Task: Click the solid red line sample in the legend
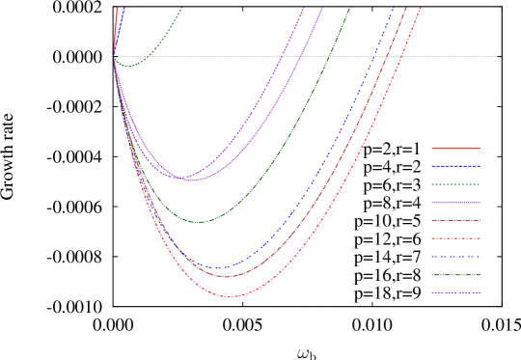coord(455,148)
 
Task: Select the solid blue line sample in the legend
coord(455,166)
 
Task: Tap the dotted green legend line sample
coord(455,183)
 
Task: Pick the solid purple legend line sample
coord(455,203)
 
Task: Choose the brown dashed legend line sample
coord(455,220)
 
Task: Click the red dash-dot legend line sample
coord(455,237)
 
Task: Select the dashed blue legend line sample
coord(455,257)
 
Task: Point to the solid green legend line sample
coord(455,275)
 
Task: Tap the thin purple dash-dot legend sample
coord(455,292)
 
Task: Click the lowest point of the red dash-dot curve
coord(228,296)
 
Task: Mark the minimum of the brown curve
coord(228,277)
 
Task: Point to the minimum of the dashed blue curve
coord(216,267)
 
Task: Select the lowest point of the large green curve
coord(199,222)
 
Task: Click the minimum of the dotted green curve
coord(128,66)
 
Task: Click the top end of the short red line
coord(118,8)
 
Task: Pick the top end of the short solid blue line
coord(124,8)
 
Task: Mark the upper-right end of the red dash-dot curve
coord(421,8)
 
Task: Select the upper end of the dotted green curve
coord(182,8)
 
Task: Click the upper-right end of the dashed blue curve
coord(396,8)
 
